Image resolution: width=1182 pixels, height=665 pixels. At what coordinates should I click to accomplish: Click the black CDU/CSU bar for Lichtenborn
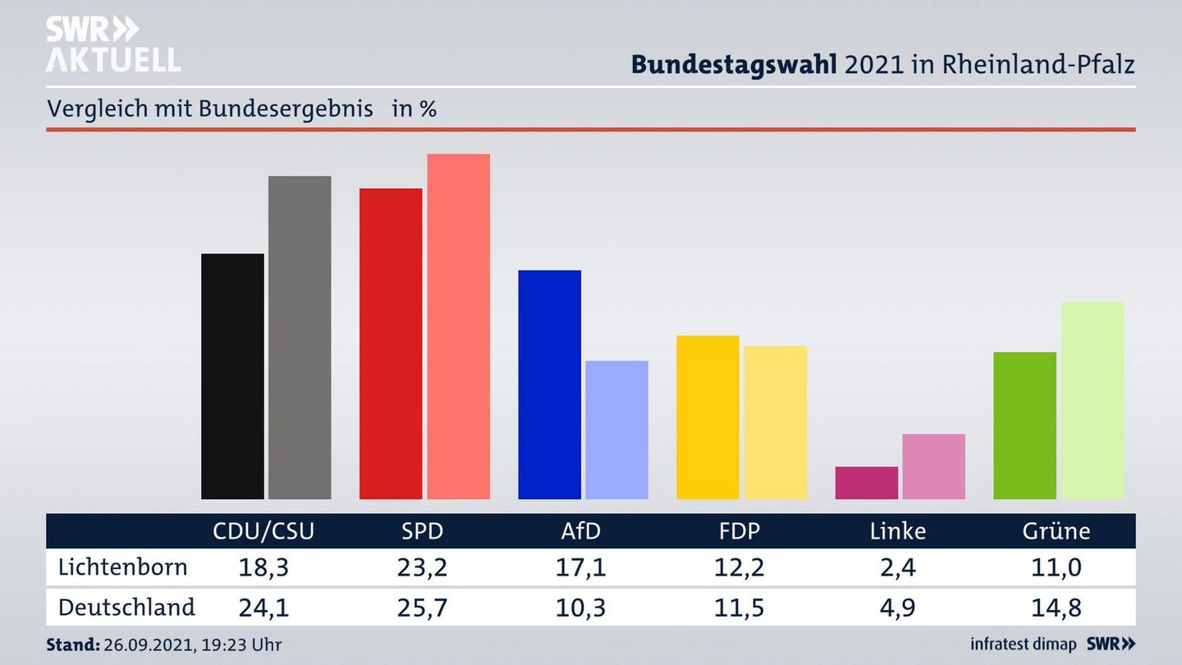point(232,376)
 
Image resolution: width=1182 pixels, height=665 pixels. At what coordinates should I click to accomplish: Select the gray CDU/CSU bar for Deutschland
point(300,337)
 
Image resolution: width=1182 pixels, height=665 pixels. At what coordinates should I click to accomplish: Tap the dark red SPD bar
point(391,343)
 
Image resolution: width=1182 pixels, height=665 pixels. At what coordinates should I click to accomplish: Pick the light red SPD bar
point(458,326)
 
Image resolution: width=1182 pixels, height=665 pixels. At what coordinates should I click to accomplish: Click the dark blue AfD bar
point(549,384)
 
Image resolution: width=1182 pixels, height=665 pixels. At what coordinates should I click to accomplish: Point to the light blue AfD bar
point(616,429)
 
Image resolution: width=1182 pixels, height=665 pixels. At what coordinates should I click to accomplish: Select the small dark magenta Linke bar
point(866,483)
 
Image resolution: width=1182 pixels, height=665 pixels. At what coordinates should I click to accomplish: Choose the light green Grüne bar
point(1092,400)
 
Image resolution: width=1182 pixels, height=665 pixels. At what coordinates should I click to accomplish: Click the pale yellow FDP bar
point(775,422)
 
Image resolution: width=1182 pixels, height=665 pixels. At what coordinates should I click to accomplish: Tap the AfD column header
point(580,531)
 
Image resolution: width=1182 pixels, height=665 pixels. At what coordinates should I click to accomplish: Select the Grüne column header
point(1056,531)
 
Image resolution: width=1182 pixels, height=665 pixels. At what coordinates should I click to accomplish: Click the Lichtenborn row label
point(123,567)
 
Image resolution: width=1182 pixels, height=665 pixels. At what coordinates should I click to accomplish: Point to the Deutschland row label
point(126,608)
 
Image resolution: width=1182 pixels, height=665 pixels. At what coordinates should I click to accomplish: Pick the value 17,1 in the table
point(580,567)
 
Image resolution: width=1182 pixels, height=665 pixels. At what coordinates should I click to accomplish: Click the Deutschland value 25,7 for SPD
point(422,608)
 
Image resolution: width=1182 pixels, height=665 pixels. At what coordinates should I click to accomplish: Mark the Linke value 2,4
point(897,567)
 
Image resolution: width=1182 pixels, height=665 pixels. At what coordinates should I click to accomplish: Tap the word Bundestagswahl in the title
point(734,64)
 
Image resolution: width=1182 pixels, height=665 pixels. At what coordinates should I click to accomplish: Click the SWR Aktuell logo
point(112,44)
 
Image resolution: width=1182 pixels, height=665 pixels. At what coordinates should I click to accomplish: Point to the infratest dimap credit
point(1024,644)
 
